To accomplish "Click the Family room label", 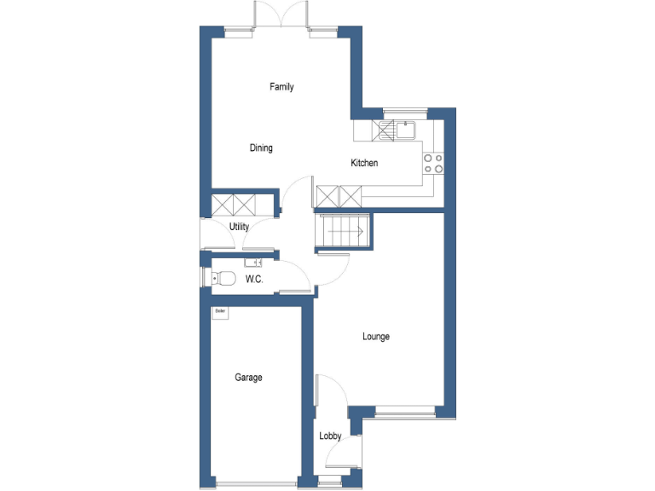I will pos(281,87).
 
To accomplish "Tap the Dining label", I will pos(261,148).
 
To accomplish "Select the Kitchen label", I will pos(364,164).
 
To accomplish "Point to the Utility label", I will pos(240,228).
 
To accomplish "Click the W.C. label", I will pos(253,279).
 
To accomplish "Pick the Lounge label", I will pos(376,337).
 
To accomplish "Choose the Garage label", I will pos(249,378).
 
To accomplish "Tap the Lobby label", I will pos(330,436).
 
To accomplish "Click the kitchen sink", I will pos(404,130).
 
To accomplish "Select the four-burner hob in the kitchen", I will pos(433,163).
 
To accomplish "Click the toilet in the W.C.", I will pos(223,278).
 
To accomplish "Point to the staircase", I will pos(342,232).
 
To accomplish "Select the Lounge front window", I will pos(403,412).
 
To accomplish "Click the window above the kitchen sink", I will pos(404,111).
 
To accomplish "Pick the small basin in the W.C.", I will pos(253,262).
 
